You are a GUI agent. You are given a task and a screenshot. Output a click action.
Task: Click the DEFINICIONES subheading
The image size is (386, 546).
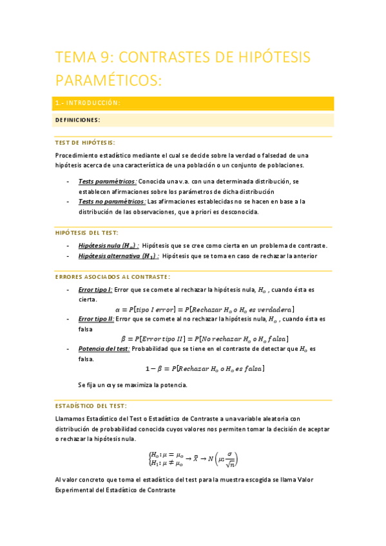pos(77,120)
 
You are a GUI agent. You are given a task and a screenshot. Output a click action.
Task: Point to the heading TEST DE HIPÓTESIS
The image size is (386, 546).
pos(85,142)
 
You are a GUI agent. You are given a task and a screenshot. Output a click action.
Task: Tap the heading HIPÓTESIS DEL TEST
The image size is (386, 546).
pos(87,232)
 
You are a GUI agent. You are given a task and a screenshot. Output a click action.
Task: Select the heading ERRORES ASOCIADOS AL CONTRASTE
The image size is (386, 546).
pos(113,277)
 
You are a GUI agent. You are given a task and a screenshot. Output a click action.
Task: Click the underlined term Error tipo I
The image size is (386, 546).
pos(95,290)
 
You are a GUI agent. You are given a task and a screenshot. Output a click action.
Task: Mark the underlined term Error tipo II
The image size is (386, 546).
pos(96,319)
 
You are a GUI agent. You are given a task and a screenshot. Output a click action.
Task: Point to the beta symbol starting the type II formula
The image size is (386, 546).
pos(124,339)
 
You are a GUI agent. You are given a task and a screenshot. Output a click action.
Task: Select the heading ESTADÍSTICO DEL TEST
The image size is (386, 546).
pos(91,406)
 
